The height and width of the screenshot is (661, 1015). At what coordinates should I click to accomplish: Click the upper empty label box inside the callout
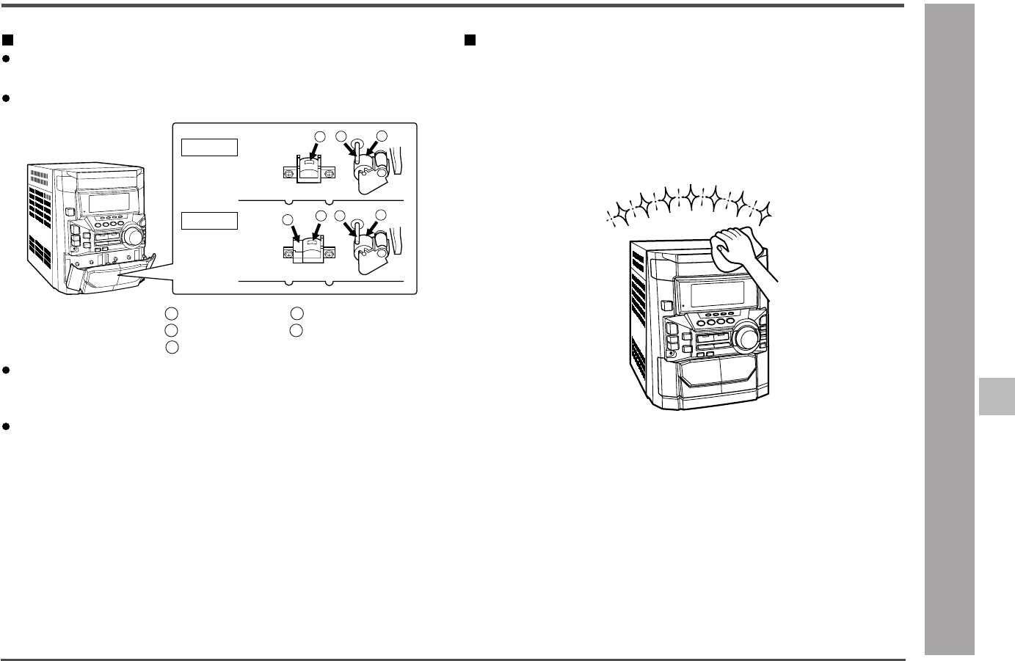point(210,147)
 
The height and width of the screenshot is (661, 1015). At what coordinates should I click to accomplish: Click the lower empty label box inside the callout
point(210,220)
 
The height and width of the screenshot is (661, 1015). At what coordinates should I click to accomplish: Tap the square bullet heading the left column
point(8,39)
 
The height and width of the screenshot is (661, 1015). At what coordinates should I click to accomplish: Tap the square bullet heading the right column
point(470,39)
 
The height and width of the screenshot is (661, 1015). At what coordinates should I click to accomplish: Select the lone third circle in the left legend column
point(171,346)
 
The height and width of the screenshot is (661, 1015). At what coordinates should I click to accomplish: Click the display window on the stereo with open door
point(103,200)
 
